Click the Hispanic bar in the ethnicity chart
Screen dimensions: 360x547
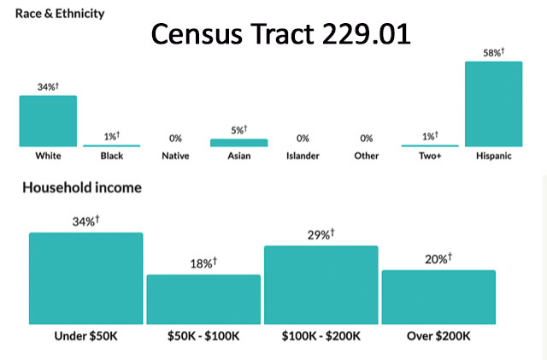coord(493,103)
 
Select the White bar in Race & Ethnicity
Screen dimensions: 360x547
coord(48,121)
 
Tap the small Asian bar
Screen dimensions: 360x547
coord(238,143)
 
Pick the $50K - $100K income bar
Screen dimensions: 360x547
coord(203,298)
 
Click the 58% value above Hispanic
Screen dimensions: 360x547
coord(493,53)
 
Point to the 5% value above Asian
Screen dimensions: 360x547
coord(238,130)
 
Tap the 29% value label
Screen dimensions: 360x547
coord(321,234)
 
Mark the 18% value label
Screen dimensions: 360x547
coord(203,263)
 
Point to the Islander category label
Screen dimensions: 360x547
coord(302,156)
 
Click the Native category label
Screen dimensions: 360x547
coord(175,156)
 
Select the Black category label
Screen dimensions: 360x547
coord(111,156)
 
